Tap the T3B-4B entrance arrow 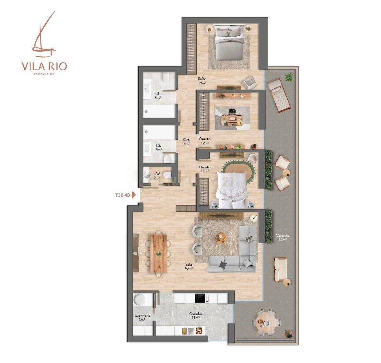[134, 195]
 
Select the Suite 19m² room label [202, 81]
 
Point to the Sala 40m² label [189, 266]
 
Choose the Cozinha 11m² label [195, 316]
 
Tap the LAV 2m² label [157, 176]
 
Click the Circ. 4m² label [187, 142]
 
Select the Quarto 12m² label [205, 141]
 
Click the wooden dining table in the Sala [158, 253]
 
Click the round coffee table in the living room [221, 238]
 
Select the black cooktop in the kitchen [201, 298]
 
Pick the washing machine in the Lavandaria [139, 300]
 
